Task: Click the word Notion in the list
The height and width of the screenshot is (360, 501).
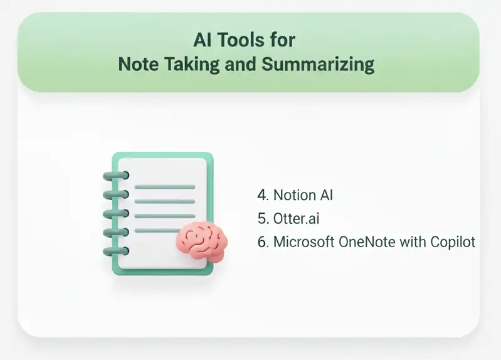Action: click(x=295, y=195)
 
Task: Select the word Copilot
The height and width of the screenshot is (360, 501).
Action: click(x=453, y=242)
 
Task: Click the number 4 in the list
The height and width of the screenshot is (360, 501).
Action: click(x=262, y=195)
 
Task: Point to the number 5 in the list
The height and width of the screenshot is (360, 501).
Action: click(x=262, y=218)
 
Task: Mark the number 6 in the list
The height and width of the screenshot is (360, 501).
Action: click(x=262, y=242)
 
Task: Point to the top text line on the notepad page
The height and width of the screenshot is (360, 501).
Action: click(x=165, y=186)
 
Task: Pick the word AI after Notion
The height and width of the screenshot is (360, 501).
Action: click(x=325, y=195)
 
